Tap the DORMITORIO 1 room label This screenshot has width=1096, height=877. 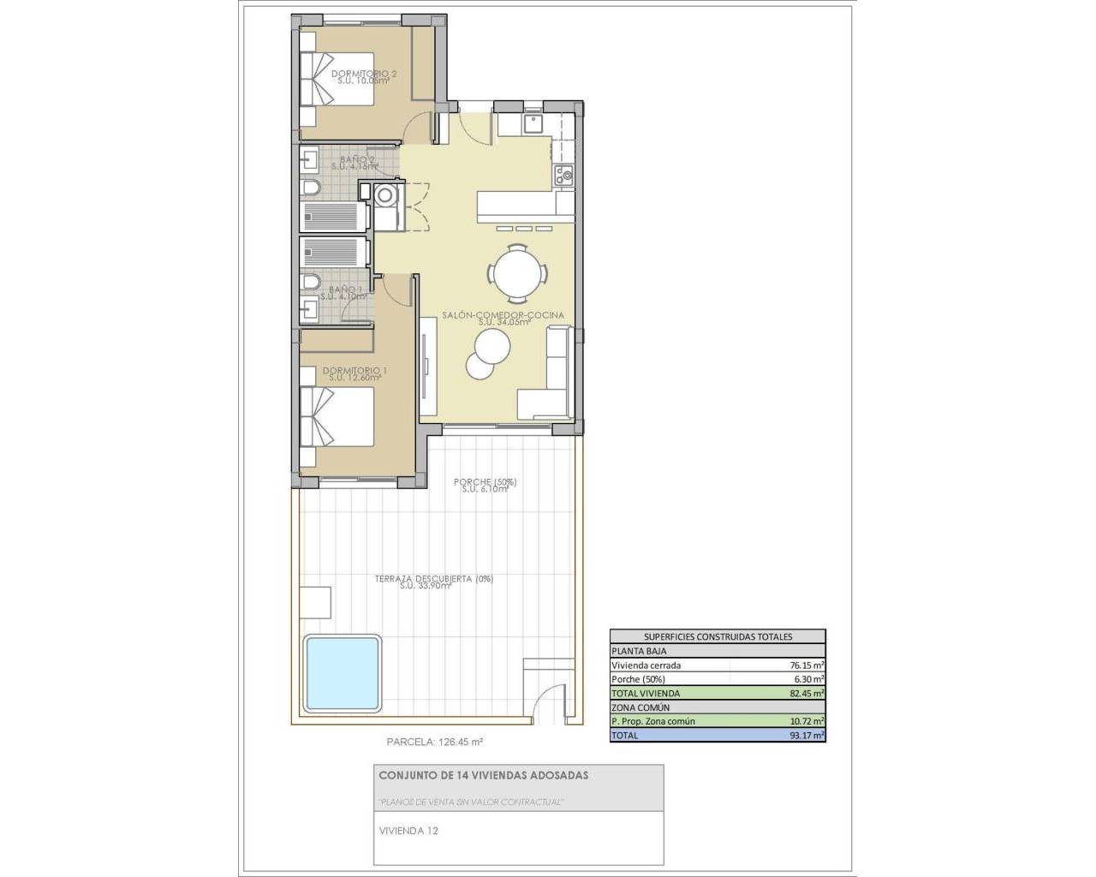pyautogui.click(x=354, y=371)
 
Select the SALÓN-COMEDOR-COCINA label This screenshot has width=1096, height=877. pyautogui.click(x=503, y=315)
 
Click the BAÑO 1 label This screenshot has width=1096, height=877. pyautogui.click(x=347, y=290)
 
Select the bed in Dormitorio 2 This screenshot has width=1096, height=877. pyautogui.click(x=337, y=78)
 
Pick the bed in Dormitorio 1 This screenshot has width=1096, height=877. pyautogui.click(x=337, y=416)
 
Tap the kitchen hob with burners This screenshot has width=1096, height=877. pyautogui.click(x=564, y=176)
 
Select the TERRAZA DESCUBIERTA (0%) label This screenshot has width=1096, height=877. pyautogui.click(x=433, y=580)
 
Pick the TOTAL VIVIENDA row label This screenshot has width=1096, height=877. pyautogui.click(x=646, y=693)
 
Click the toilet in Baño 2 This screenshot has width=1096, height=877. pyautogui.click(x=310, y=188)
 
